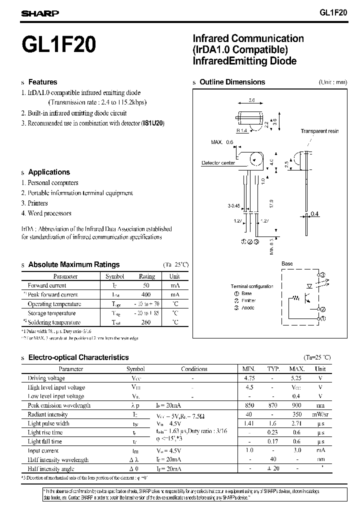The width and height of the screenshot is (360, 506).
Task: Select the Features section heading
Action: [42, 82]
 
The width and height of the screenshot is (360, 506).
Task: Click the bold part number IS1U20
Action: [152, 123]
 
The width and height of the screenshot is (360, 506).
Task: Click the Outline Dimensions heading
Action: [232, 82]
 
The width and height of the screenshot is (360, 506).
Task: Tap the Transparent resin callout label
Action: [319, 131]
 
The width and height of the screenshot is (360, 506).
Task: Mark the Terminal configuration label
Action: [252, 286]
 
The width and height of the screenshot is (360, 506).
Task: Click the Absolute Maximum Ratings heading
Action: [74, 264]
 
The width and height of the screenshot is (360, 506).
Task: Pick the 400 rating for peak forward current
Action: [146, 295]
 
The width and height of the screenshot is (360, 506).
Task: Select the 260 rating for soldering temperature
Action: [146, 322]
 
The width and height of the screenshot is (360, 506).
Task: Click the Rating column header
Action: [146, 276]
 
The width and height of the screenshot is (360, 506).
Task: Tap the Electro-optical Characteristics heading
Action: [78, 357]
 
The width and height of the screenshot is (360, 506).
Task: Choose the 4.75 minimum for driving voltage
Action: [248, 378]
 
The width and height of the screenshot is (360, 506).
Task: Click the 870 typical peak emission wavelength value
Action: [273, 405]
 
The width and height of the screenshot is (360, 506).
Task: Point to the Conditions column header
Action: [194, 369]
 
